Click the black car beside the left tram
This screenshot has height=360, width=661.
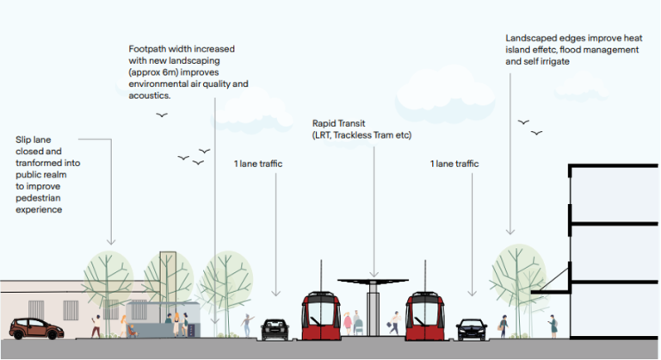(x=275, y=328)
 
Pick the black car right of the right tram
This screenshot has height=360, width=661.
(x=471, y=328)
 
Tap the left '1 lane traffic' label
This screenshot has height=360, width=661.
(x=258, y=163)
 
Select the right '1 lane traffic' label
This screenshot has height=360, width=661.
(x=454, y=163)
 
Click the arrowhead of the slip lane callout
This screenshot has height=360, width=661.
(x=111, y=242)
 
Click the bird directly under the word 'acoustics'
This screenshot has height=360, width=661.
(x=162, y=115)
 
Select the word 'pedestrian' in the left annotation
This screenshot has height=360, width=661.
(x=41, y=197)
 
